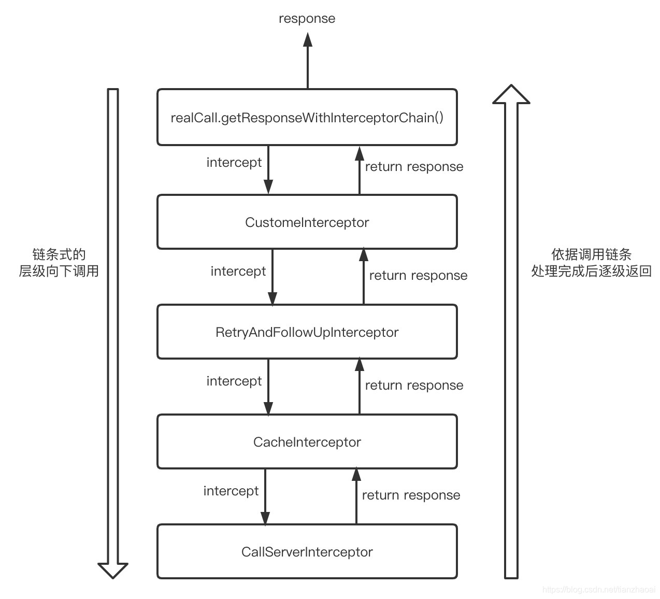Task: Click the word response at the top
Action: point(307,19)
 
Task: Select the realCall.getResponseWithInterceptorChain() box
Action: point(307,118)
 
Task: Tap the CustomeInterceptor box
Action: point(307,222)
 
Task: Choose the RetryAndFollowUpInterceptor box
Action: point(307,332)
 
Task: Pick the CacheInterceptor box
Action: point(307,442)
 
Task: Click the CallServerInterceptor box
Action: point(307,552)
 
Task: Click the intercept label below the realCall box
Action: point(234,163)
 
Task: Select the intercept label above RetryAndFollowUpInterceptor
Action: point(238,272)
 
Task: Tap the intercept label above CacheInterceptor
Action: point(234,381)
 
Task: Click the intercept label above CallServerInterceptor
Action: point(231,491)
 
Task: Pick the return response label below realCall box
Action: point(414,167)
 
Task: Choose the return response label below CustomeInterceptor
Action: point(418,276)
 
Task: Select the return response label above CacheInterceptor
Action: point(414,386)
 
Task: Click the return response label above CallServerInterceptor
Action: point(411,495)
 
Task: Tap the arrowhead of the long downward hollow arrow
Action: point(113,570)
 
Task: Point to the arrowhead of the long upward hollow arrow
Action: point(511,95)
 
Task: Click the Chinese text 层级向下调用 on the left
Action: point(59,271)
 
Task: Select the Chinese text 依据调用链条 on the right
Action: point(591,254)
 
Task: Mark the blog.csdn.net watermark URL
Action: point(598,590)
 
